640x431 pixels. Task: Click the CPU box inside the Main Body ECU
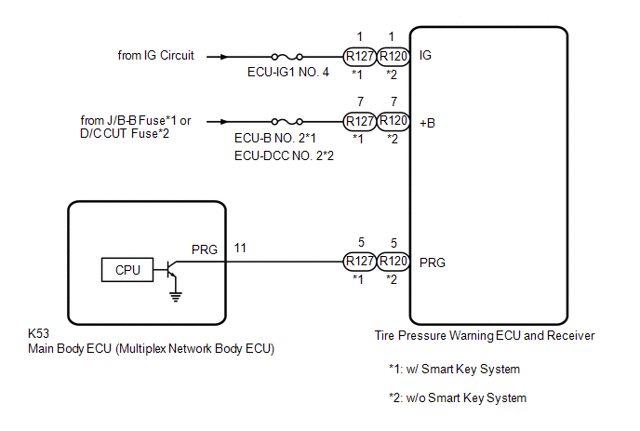tap(127, 270)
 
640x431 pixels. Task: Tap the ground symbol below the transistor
tap(176, 297)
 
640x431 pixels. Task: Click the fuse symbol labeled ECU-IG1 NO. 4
tap(287, 57)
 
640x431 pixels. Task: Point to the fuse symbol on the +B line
tap(287, 121)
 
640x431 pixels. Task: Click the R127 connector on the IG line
tap(360, 57)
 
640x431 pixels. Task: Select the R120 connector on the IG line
tap(393, 57)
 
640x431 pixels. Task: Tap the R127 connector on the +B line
tap(360, 121)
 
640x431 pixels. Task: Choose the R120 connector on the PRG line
tap(393, 261)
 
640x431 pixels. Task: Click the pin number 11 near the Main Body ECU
tap(240, 248)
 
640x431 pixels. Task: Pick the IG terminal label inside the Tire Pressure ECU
tap(425, 55)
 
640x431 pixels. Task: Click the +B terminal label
tap(427, 123)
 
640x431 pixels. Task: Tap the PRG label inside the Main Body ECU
tap(205, 249)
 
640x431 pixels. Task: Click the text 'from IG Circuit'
tap(155, 55)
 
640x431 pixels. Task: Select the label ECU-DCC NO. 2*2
tap(284, 155)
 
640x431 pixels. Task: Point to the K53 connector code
tap(38, 333)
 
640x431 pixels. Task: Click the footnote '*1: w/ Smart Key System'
tap(454, 369)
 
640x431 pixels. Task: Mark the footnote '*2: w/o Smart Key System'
tap(458, 397)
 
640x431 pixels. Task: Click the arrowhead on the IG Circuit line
tap(223, 57)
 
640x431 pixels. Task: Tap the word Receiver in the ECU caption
tap(570, 335)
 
